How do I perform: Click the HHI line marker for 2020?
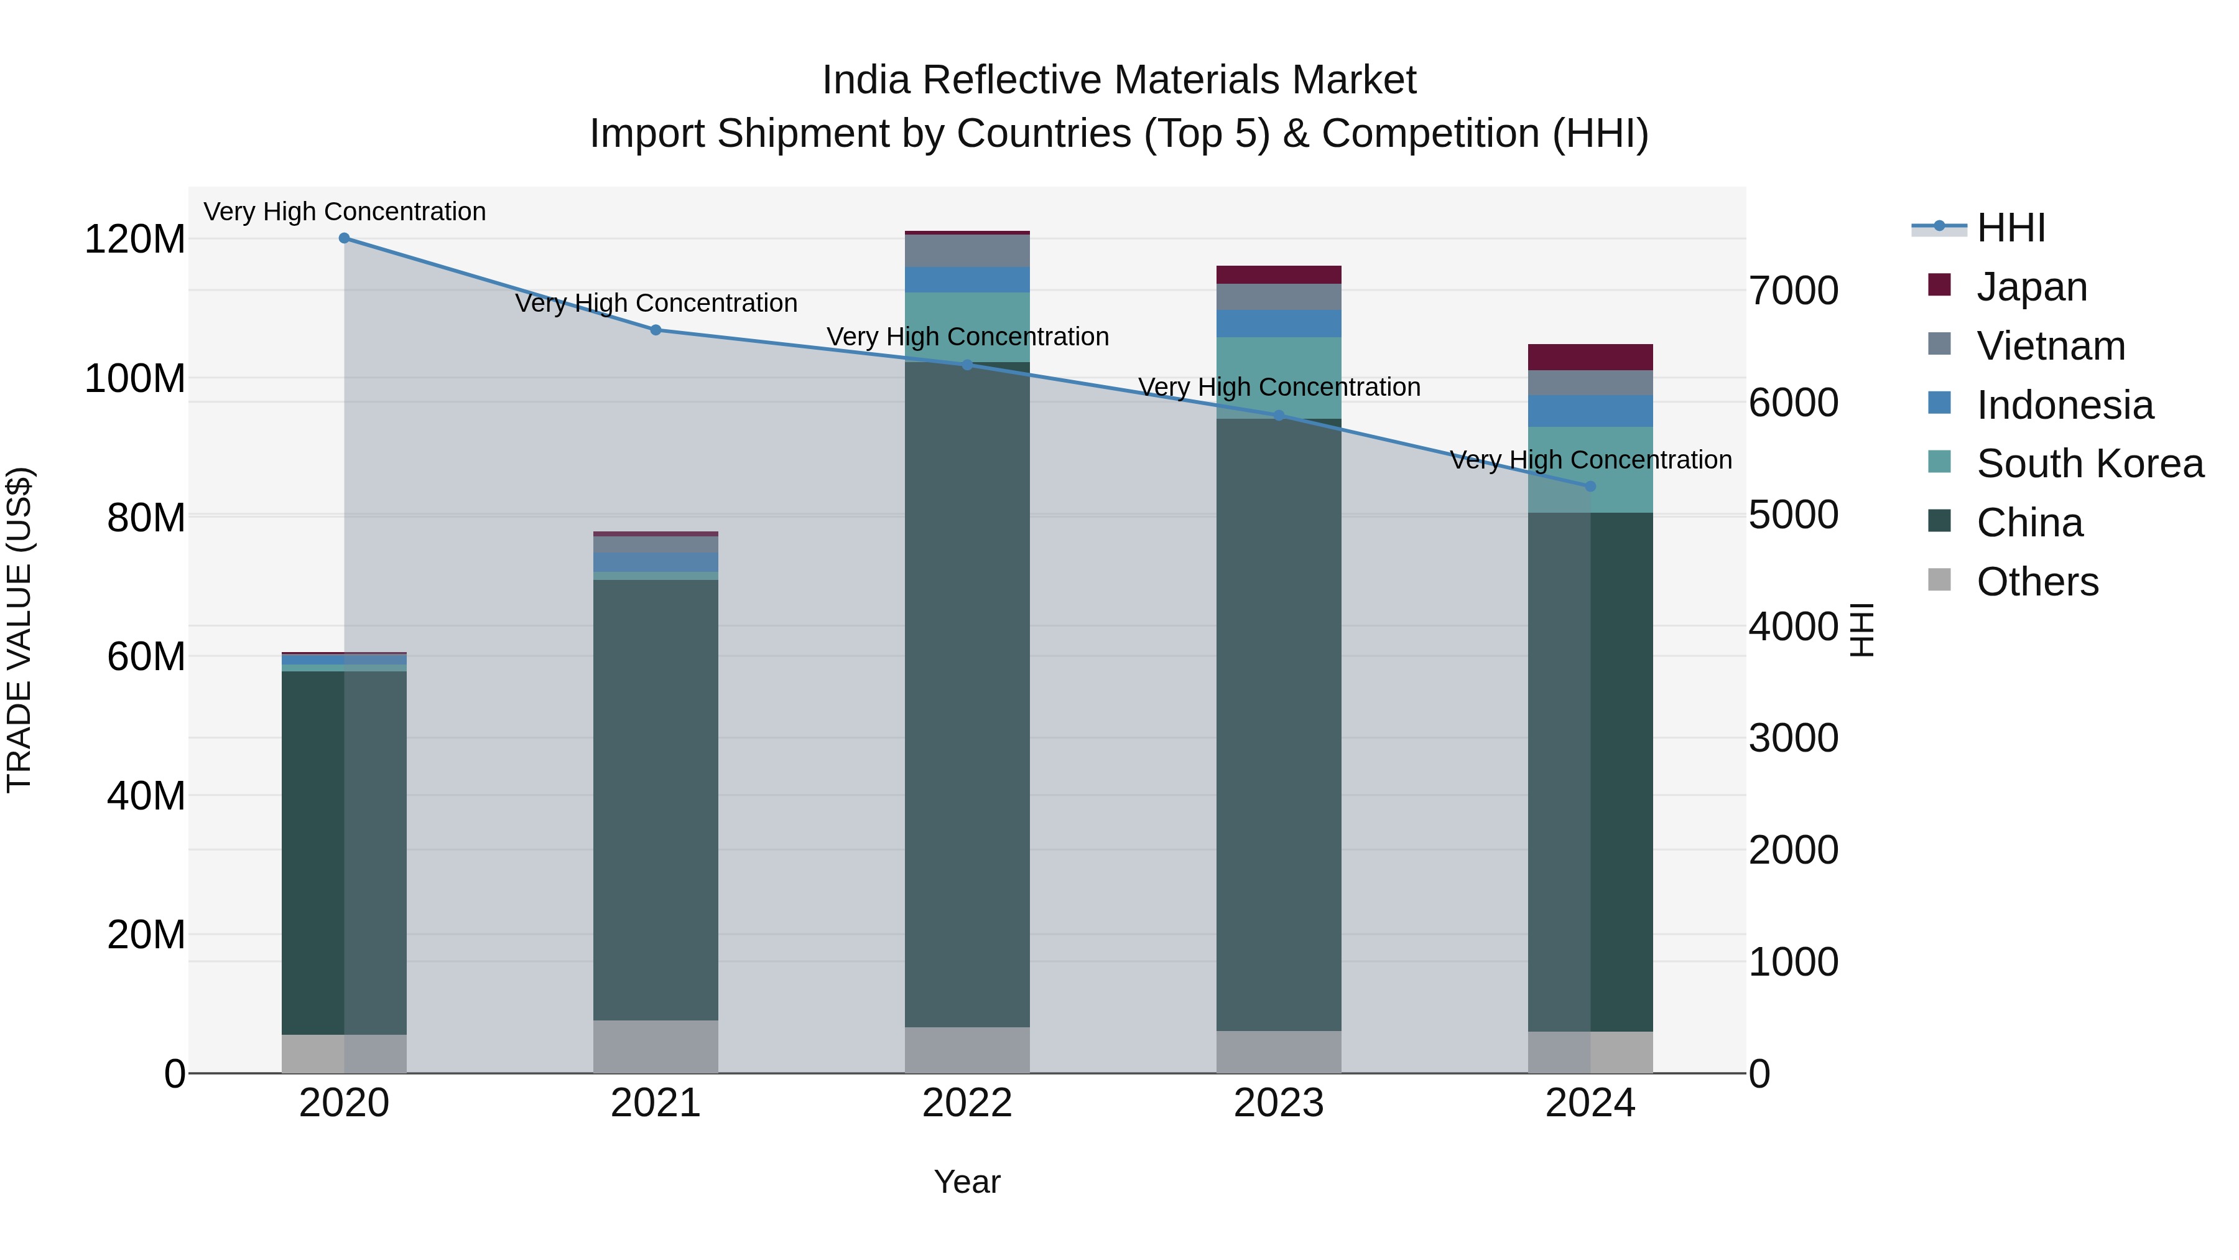tap(344, 238)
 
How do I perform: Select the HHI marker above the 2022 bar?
tap(967, 365)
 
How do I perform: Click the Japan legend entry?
tap(2031, 287)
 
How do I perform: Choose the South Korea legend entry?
tap(2090, 464)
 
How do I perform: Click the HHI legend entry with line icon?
tap(2010, 228)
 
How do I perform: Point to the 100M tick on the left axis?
tap(135, 379)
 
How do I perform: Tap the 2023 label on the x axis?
tap(1279, 1103)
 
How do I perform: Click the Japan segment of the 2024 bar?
tap(1590, 357)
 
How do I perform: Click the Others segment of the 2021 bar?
tap(656, 1046)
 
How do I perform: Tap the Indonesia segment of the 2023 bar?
tap(1279, 324)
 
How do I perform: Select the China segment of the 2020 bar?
tap(344, 852)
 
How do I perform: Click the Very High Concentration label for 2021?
tap(656, 304)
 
